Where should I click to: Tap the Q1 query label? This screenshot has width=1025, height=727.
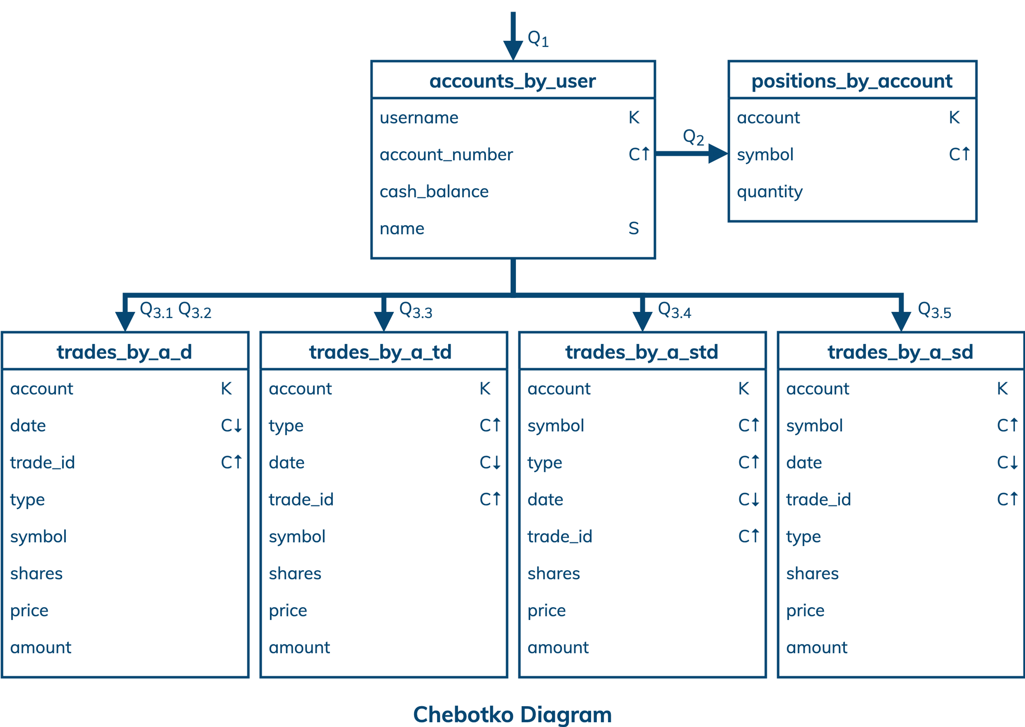(x=538, y=39)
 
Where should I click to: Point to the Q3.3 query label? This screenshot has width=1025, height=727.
(x=415, y=310)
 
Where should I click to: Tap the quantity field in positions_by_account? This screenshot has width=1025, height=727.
(x=770, y=192)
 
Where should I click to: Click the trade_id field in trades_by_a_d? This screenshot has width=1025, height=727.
(x=42, y=462)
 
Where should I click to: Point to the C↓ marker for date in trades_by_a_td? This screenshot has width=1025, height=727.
(x=490, y=462)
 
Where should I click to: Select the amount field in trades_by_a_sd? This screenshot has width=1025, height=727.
(x=817, y=647)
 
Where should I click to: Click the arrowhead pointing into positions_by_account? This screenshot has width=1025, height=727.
(x=718, y=154)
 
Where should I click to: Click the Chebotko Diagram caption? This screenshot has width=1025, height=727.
(x=512, y=714)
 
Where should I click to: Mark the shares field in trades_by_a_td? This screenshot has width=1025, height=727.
(x=295, y=573)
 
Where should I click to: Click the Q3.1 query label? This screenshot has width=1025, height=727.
(x=156, y=310)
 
